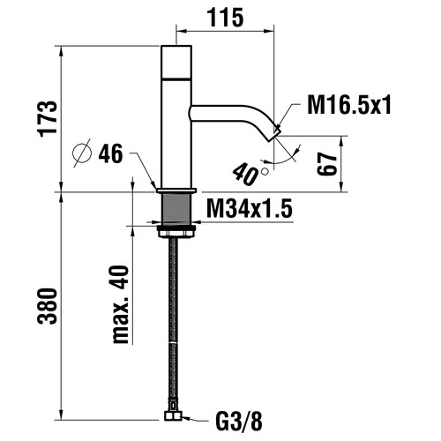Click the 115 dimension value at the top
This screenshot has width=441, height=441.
point(226,18)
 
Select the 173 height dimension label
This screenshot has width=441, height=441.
point(48,119)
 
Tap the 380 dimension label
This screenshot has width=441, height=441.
point(47,306)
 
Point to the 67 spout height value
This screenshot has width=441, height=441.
point(326,164)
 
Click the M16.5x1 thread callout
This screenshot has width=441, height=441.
point(349,105)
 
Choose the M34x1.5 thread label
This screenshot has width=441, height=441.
point(250,208)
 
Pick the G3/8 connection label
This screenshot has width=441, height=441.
point(239,422)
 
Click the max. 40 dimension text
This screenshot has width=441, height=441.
point(121,304)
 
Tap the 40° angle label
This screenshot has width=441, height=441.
point(249,175)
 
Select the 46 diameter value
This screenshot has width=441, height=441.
point(110,153)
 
